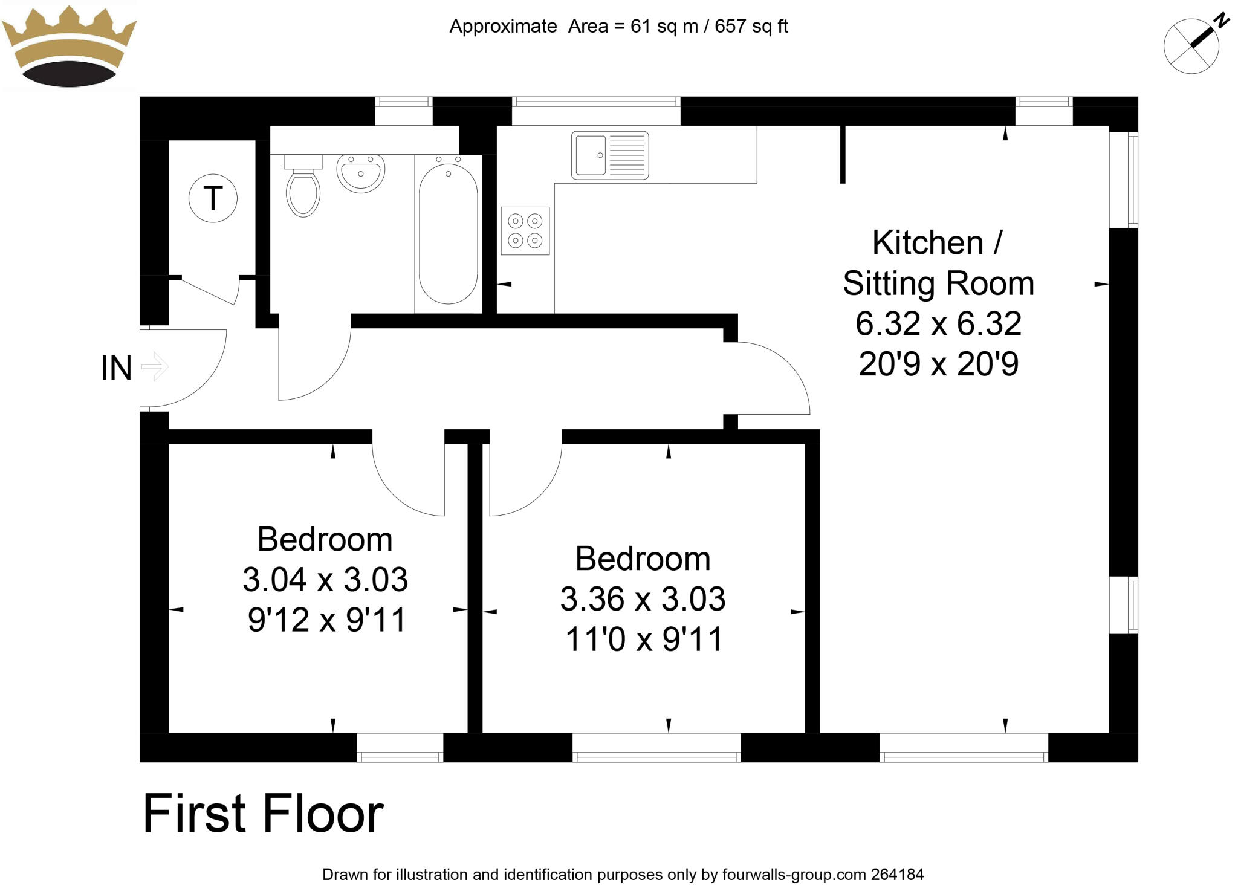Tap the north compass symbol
coord(1191,46)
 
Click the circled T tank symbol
coord(213,198)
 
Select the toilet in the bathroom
coord(302,187)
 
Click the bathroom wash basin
coord(360,173)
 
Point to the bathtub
coord(448,233)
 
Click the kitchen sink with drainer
coord(609,155)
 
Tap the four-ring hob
coord(525,231)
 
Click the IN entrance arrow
coord(155,367)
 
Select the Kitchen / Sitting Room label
coord(938,263)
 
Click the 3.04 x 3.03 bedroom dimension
coord(325,580)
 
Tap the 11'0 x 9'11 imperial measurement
coord(644,640)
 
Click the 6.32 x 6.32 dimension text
coord(938,324)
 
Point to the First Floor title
coord(263,814)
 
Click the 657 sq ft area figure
coord(751,27)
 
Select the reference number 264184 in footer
coord(897,875)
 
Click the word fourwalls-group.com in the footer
coord(794,875)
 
